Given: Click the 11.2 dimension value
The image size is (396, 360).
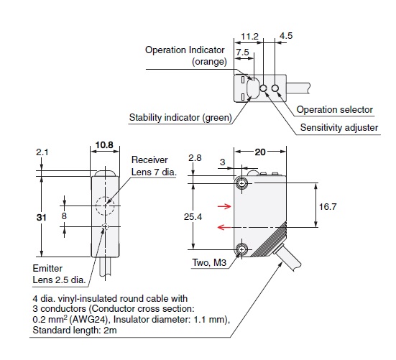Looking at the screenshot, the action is [x=249, y=37].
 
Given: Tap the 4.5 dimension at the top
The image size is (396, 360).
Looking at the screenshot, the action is [x=286, y=36].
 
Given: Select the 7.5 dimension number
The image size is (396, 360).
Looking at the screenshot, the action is [x=242, y=52].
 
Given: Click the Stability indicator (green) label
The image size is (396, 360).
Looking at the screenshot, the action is [x=180, y=117].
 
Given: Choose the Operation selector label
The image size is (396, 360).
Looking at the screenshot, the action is [x=335, y=109].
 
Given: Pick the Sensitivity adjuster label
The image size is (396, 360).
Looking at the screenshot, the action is [x=339, y=127].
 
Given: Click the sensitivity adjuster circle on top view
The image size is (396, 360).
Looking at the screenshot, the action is [x=263, y=88].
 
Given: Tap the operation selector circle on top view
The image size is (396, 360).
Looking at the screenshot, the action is [x=275, y=88].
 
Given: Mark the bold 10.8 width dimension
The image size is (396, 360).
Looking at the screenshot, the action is [x=104, y=144].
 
